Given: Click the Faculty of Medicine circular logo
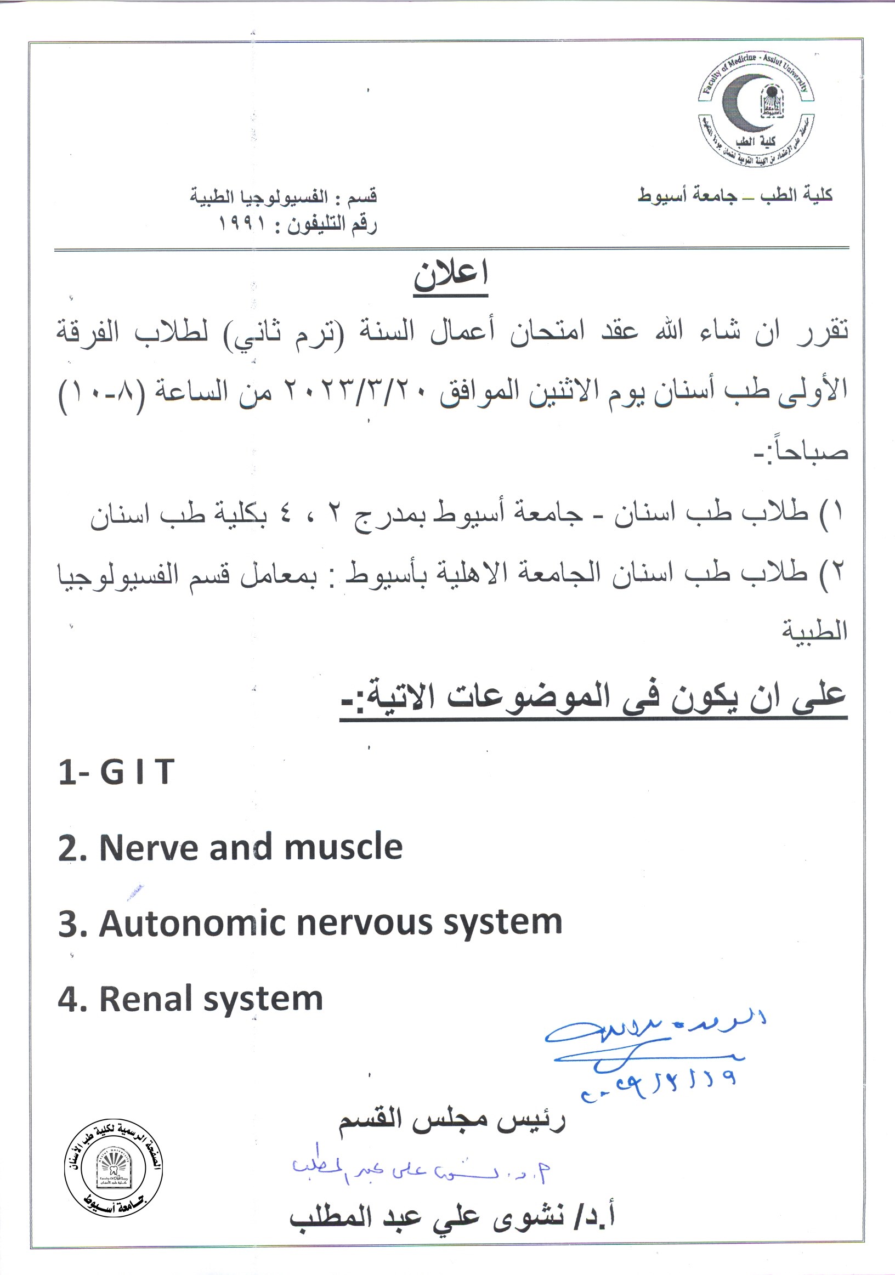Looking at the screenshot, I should tap(756, 111).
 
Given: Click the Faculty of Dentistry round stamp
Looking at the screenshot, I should tap(114, 1169).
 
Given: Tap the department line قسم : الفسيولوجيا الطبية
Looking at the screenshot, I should tap(284, 197).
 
